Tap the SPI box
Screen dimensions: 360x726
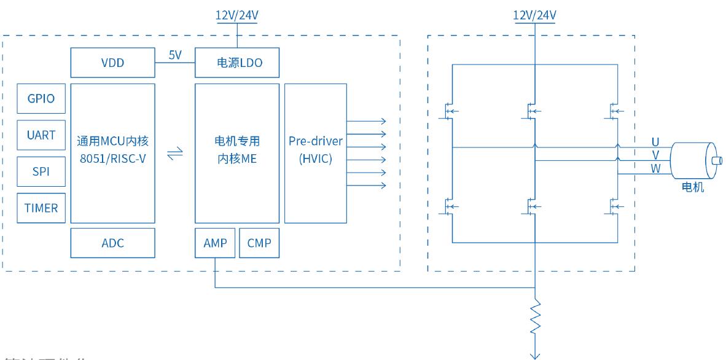click(x=41, y=172)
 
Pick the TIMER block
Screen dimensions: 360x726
click(x=41, y=208)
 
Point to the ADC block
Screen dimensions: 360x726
click(x=112, y=243)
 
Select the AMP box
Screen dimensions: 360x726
click(x=214, y=243)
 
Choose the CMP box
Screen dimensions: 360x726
click(x=259, y=243)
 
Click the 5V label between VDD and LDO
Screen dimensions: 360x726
click(x=174, y=55)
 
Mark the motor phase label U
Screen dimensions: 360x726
click(x=655, y=142)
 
